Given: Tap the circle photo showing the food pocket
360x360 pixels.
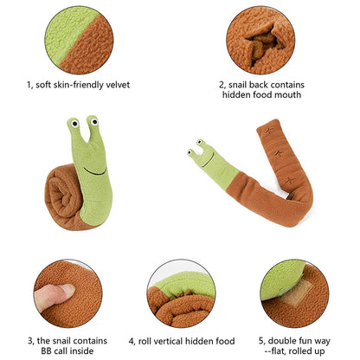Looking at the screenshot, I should coord(260,39).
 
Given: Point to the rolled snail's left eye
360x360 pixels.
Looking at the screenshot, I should coord(74,125).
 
